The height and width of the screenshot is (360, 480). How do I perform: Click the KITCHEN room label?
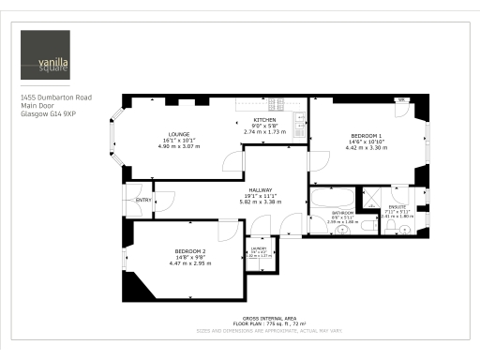[263, 121]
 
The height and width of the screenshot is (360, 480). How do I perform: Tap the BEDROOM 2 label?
[190, 251]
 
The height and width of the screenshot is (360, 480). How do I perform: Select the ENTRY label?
[143, 200]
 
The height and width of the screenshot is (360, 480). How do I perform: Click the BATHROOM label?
[340, 213]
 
